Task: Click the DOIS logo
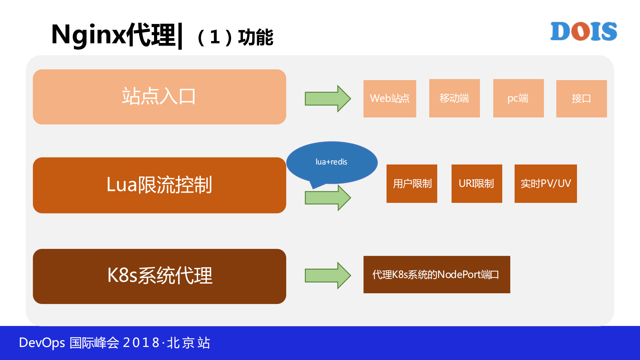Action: click(x=583, y=31)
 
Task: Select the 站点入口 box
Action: click(x=159, y=97)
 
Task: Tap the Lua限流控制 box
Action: click(x=159, y=185)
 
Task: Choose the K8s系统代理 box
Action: click(x=159, y=276)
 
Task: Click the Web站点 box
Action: click(x=390, y=98)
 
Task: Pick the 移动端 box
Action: click(x=454, y=98)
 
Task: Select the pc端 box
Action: click(x=518, y=98)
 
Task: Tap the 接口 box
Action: click(x=581, y=98)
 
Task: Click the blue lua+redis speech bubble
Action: click(x=332, y=162)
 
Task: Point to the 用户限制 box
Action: click(x=412, y=184)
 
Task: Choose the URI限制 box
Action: click(x=477, y=184)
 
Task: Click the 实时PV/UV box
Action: click(x=546, y=184)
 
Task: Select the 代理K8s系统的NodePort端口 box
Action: click(x=437, y=275)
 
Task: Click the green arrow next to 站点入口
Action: click(x=327, y=98)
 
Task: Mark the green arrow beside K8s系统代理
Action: click(x=327, y=275)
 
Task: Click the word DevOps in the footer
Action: click(x=42, y=343)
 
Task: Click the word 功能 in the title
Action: click(x=255, y=37)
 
